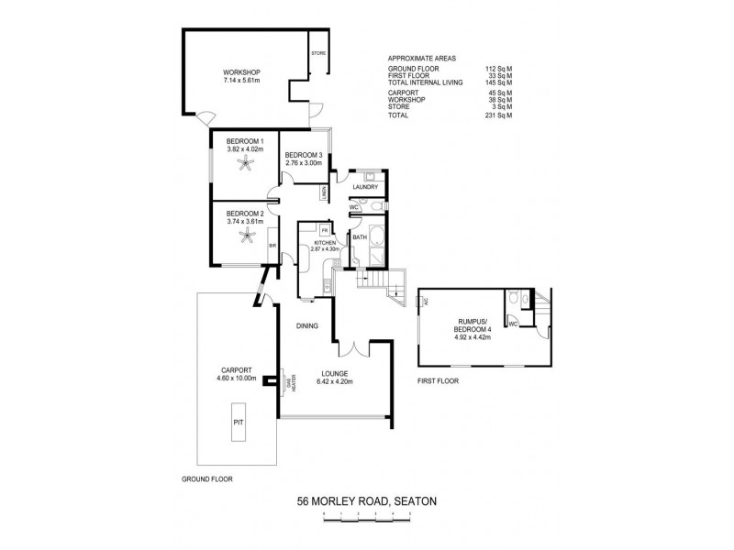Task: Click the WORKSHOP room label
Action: coord(242,72)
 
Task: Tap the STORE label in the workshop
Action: coord(318,54)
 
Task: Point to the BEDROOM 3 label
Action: coord(303,155)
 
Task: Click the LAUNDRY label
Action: coord(365,188)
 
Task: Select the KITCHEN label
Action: coord(326,242)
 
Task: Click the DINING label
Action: coord(306,325)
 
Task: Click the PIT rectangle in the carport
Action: coord(239,423)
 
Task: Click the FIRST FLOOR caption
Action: coord(438,379)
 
